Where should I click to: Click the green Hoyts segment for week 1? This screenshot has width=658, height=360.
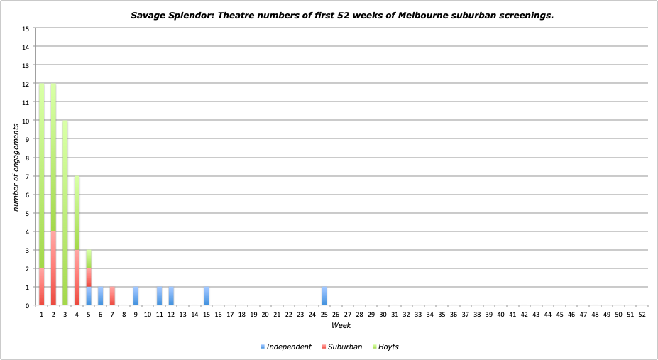pyautogui.click(x=42, y=176)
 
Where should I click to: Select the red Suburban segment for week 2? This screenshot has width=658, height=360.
pyautogui.click(x=53, y=268)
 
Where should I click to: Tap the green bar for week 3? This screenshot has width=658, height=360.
pyautogui.click(x=65, y=213)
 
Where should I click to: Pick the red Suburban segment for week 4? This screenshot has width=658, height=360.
pyautogui.click(x=77, y=278)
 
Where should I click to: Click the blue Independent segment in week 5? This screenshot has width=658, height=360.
pyautogui.click(x=89, y=296)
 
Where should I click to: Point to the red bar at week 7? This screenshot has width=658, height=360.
pyautogui.click(x=112, y=296)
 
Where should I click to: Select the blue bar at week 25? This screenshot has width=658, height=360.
pyautogui.click(x=324, y=296)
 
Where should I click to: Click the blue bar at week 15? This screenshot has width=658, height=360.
pyautogui.click(x=207, y=296)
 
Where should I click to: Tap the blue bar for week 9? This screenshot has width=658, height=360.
pyautogui.click(x=136, y=296)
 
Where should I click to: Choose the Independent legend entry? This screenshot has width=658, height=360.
pyautogui.click(x=286, y=347)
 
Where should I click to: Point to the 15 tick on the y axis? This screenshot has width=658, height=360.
pyautogui.click(x=26, y=28)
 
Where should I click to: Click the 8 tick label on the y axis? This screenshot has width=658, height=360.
pyautogui.click(x=28, y=158)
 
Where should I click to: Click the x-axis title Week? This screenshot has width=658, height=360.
pyautogui.click(x=341, y=325)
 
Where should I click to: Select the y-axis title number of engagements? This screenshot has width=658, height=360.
pyautogui.click(x=15, y=168)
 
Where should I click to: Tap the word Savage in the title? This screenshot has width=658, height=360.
pyautogui.click(x=148, y=14)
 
